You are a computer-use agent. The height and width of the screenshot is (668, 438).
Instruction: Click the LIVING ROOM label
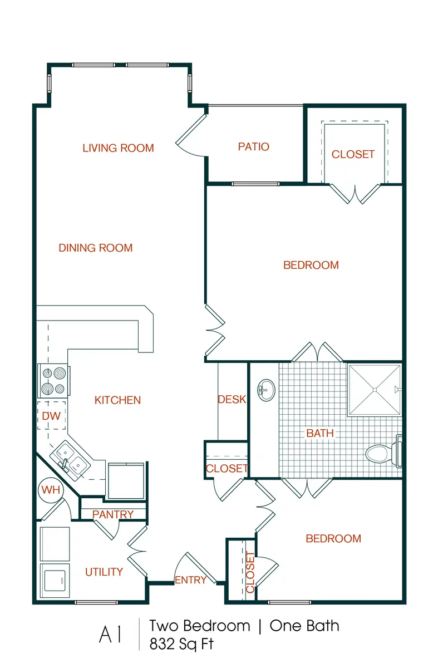click(x=118, y=148)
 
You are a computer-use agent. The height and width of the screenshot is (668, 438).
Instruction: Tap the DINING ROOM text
click(x=95, y=248)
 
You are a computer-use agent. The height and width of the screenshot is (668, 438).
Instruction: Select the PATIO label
click(x=253, y=147)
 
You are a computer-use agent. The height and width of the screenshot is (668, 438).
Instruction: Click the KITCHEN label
click(x=117, y=400)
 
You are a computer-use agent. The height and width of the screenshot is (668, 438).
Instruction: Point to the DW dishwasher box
click(x=52, y=415)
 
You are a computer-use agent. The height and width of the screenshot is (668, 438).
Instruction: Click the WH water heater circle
click(x=51, y=490)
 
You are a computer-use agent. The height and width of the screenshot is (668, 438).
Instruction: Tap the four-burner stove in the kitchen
click(x=52, y=381)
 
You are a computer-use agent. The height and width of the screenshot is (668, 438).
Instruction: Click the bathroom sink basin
click(x=266, y=390)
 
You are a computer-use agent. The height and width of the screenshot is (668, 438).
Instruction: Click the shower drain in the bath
click(x=375, y=390)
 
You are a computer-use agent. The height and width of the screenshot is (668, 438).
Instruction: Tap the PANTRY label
click(x=113, y=514)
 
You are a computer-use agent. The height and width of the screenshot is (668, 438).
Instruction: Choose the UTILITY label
click(x=104, y=572)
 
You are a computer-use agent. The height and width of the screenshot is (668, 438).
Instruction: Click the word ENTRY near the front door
click(x=190, y=580)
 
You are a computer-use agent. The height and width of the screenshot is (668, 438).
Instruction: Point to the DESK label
click(x=232, y=399)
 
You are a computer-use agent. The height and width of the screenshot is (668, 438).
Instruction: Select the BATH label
click(x=320, y=433)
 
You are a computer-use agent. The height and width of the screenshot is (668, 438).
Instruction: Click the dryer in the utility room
click(x=55, y=580)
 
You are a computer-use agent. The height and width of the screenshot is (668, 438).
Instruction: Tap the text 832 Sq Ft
click(x=181, y=644)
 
